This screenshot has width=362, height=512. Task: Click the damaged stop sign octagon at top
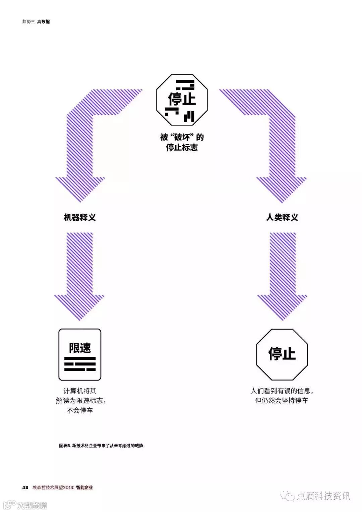coord(182,100)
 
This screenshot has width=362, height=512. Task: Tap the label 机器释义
coord(80,217)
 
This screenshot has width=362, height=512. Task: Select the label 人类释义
coord(282,217)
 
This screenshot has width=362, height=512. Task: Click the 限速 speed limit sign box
coord(80,354)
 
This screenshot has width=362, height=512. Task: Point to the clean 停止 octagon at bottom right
coord(282,354)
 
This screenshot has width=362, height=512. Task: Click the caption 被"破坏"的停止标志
coord(182,142)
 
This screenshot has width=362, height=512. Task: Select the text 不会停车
coord(80,410)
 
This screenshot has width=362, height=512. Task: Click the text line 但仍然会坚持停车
coord(282,401)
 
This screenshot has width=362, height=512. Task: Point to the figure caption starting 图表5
coord(101,446)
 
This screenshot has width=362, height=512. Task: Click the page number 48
coord(25,487)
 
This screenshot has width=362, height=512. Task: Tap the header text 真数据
coord(43,21)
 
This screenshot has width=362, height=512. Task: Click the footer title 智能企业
coord(84,487)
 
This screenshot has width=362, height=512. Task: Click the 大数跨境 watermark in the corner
coord(32,505)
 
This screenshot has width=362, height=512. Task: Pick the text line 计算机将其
coord(80,391)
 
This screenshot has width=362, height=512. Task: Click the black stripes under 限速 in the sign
coord(80,364)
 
